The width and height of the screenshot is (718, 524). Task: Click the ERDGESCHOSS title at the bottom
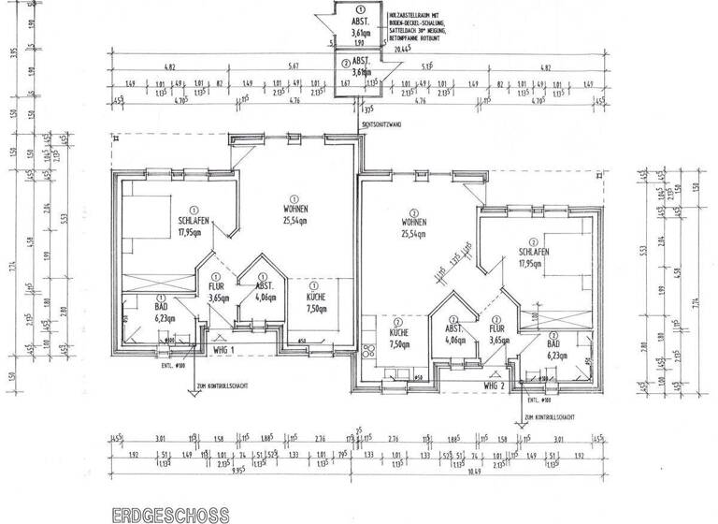click(169, 515)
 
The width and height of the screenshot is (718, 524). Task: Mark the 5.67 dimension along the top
click(294, 67)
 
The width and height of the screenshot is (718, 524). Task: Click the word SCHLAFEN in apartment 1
click(194, 222)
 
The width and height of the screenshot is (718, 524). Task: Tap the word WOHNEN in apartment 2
click(415, 222)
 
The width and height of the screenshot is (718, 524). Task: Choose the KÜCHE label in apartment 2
click(400, 332)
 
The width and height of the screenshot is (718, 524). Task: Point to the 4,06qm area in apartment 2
click(455, 340)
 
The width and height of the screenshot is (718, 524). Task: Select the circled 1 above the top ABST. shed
click(357, 8)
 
